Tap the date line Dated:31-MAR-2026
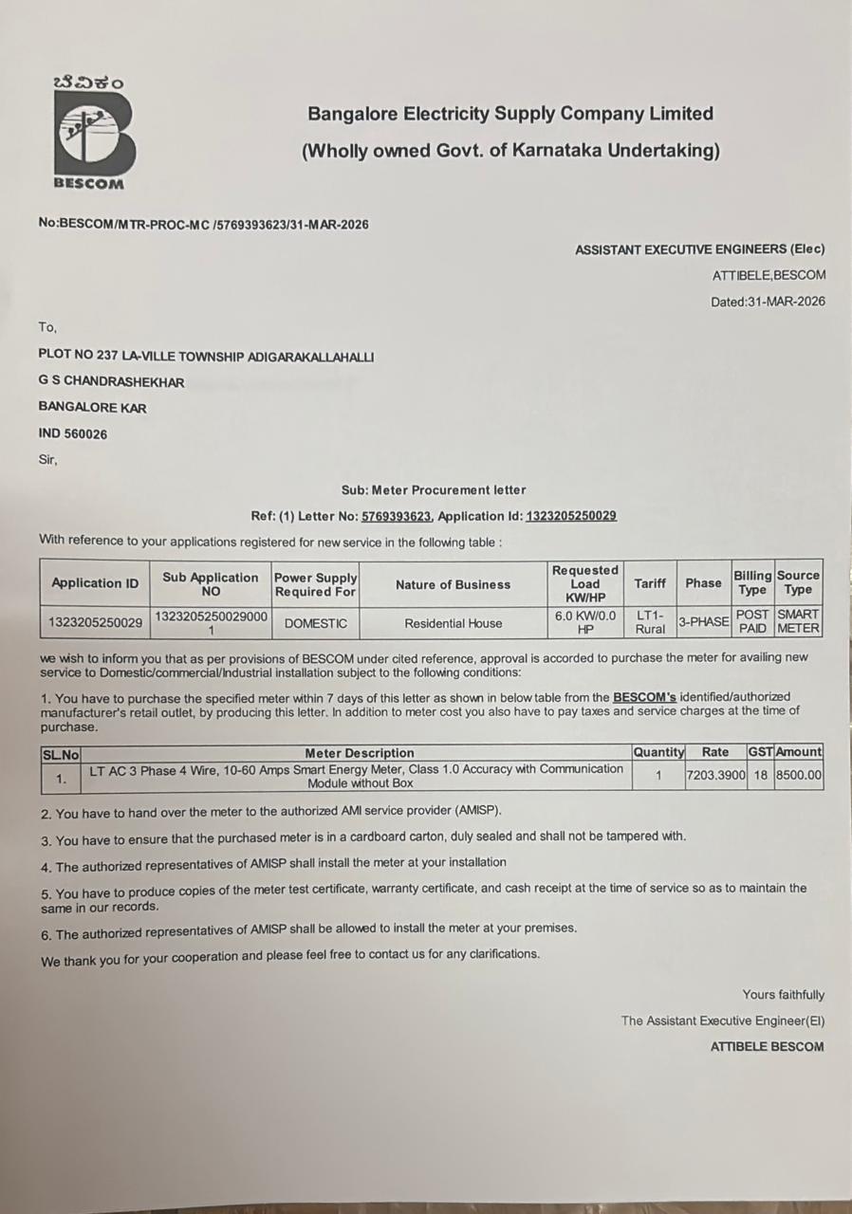(768, 302)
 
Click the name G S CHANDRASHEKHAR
(111, 382)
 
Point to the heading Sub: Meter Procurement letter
(434, 490)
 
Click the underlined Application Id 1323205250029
(570, 516)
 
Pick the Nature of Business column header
(453, 584)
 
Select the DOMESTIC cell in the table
(316, 623)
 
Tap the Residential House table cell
(453, 623)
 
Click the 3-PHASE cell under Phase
(703, 622)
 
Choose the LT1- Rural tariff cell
(650, 622)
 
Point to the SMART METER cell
(798, 621)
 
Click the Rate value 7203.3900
(715, 776)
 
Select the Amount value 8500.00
(798, 776)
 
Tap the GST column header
(760, 752)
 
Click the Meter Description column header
(359, 753)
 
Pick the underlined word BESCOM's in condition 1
(644, 696)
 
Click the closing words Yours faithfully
(783, 995)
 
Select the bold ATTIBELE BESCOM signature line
(767, 1047)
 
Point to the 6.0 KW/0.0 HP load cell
(585, 622)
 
